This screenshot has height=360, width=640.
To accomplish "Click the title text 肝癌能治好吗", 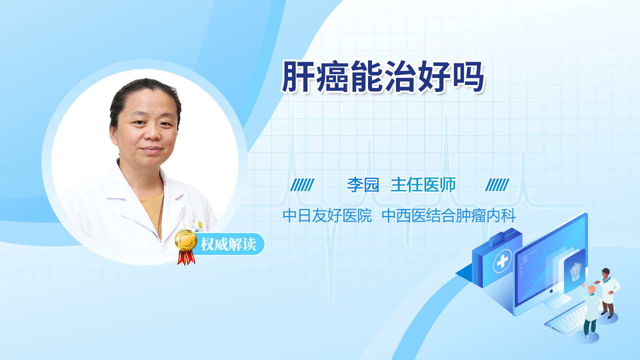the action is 382,76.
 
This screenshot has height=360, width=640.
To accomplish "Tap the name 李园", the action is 363,185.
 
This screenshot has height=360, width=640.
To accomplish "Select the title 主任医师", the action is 423,185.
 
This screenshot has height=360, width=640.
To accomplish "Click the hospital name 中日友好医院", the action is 327,215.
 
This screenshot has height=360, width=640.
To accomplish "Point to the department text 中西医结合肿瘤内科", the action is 448,215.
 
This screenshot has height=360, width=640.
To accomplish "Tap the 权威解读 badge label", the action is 228,244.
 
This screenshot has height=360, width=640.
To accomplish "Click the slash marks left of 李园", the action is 302,185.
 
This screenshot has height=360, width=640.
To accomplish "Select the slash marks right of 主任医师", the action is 497,185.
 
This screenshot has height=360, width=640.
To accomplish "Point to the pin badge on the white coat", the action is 200,224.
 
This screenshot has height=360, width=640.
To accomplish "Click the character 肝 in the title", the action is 297,76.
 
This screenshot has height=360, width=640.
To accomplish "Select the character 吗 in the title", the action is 468,76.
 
